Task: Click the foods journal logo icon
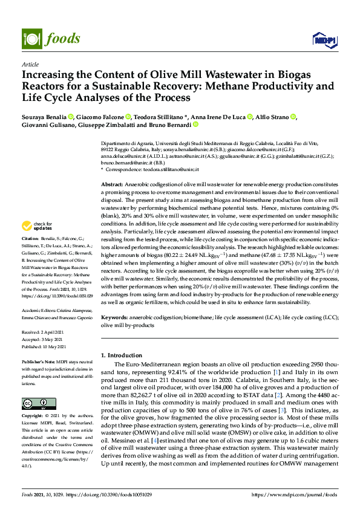30,39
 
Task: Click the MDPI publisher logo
324,40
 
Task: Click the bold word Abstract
112,184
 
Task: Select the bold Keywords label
115,317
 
